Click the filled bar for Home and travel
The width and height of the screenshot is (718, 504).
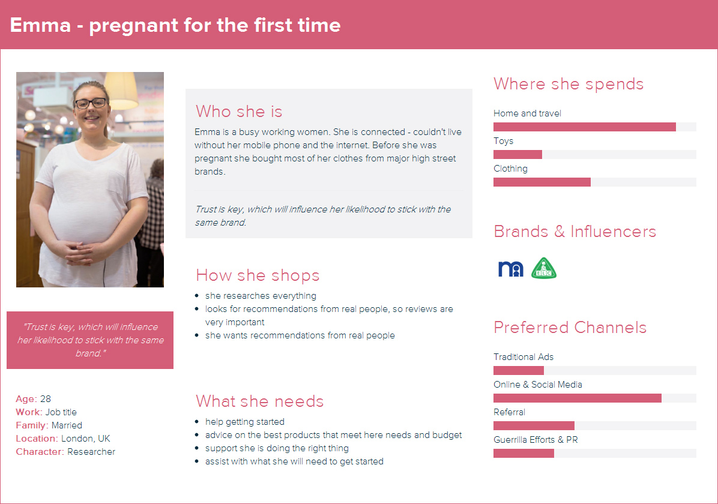pos(584,127)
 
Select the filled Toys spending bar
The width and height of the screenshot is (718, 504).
pos(517,154)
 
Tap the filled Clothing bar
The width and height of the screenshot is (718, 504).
pos(542,182)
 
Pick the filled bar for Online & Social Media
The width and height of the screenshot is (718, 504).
pos(578,398)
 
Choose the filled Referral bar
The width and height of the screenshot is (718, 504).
pos(534,425)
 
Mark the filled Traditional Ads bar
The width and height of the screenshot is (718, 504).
pos(518,370)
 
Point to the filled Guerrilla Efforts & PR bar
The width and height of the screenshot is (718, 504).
pos(523,453)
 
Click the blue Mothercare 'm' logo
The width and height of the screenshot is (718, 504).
pos(510,269)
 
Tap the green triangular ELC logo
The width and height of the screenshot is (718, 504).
pos(544,268)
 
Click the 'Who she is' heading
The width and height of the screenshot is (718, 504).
pos(238,111)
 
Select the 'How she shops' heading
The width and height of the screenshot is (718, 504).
pos(258,275)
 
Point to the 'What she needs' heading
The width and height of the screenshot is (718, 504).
pos(259,401)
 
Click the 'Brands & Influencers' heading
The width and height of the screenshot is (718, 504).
pos(575,231)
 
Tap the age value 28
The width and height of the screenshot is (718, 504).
pos(46,399)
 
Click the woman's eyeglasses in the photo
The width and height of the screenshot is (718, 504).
pos(91,103)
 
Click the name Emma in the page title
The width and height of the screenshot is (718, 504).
pos(40,25)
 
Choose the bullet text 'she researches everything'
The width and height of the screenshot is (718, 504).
pos(261,296)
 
